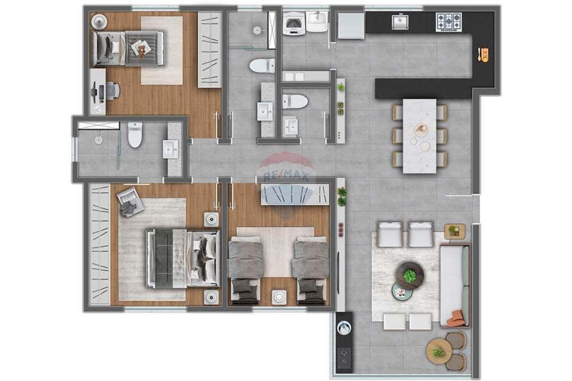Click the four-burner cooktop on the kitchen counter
448,22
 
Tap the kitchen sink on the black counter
400,22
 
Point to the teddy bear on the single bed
140,47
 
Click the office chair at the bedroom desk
112,91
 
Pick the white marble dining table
419,136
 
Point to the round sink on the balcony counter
344,328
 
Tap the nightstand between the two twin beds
280,296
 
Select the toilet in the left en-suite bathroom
135,135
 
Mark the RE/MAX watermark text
286,178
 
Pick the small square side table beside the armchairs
455,231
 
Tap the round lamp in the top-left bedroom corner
99,22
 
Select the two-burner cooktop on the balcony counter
344,358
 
